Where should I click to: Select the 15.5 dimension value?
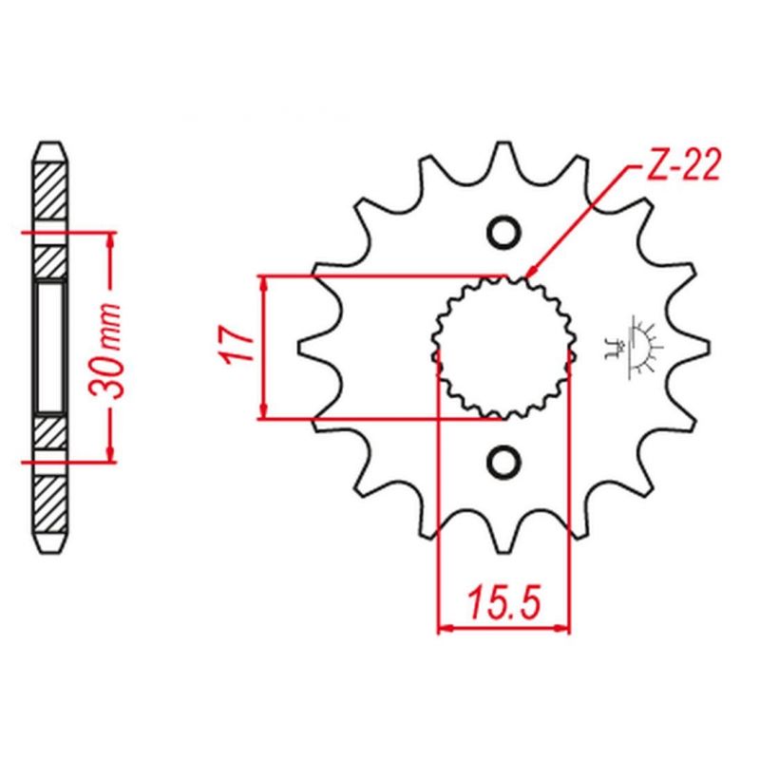(504, 602)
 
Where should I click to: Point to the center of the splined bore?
(504, 347)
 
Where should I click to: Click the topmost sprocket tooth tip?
(504, 142)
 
